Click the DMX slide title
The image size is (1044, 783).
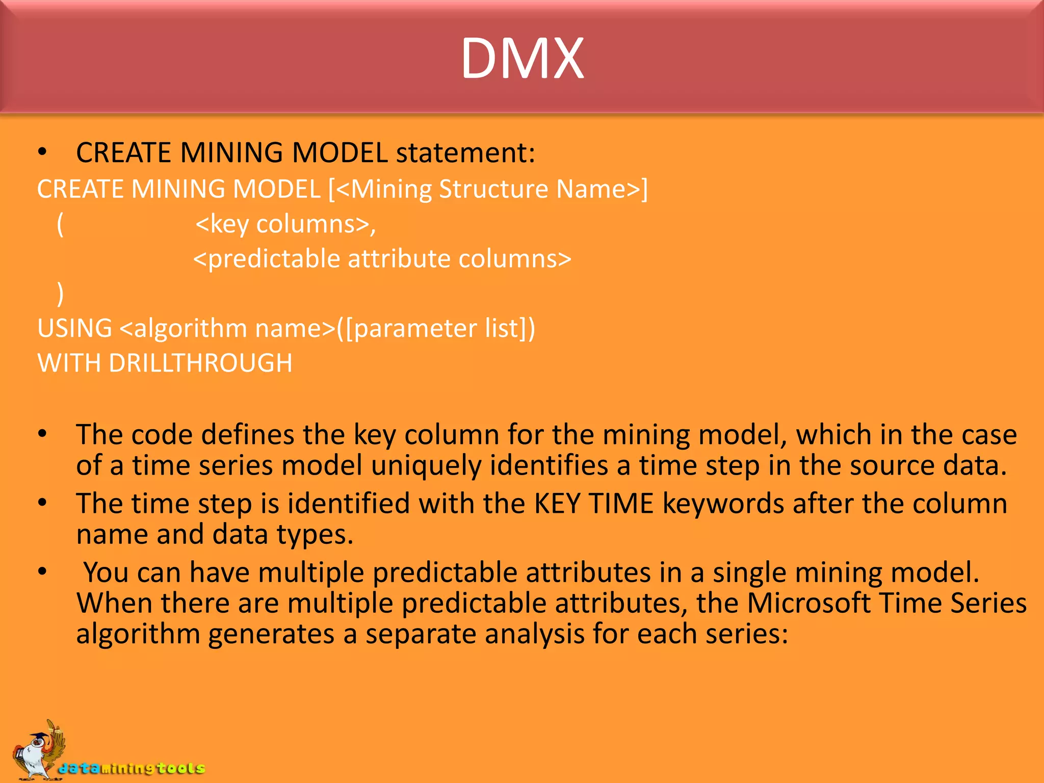tap(522, 59)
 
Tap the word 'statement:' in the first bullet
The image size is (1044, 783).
tap(465, 152)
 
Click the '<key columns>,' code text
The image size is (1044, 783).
tap(285, 224)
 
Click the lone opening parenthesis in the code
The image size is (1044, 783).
tap(60, 224)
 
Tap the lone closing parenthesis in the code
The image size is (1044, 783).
tap(60, 294)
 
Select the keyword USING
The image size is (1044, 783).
tap(74, 328)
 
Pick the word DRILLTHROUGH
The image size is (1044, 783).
tap(200, 363)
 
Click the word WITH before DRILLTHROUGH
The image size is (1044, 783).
tap(69, 363)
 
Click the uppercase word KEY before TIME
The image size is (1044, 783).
tap(557, 504)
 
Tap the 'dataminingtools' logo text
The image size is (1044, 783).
tap(132, 768)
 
